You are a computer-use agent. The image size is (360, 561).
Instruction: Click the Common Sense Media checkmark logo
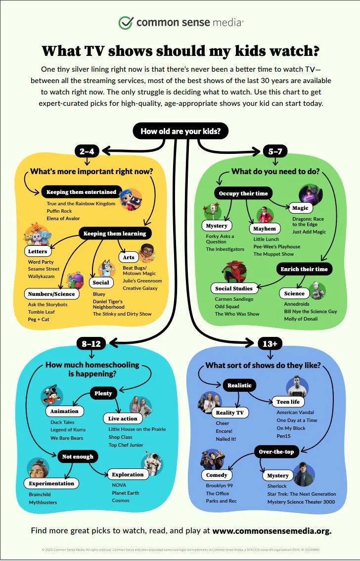[126, 22]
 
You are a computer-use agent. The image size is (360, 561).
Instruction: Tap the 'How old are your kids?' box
[180, 131]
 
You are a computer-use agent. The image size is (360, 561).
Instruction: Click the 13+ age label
[270, 342]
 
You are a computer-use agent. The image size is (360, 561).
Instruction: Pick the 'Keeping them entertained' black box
[82, 192]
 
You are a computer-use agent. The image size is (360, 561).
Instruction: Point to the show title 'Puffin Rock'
[59, 211]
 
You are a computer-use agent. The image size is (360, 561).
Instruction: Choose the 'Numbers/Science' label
[51, 294]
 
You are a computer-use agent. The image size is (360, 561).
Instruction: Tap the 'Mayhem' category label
[265, 229]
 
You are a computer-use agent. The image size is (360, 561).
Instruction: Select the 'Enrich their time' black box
[304, 269]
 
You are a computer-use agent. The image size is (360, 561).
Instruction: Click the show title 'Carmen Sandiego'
[234, 299]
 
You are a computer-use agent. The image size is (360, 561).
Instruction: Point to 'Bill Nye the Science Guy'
[311, 312]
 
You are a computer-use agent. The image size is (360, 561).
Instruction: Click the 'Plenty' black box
[103, 393]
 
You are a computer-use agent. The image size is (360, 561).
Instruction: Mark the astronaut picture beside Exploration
[152, 462]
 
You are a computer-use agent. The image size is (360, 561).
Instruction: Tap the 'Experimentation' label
[51, 483]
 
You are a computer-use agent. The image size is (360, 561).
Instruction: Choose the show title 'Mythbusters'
[43, 503]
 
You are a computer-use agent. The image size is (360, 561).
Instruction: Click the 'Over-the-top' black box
[276, 452]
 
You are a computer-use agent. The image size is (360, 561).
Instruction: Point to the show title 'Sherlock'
[277, 486]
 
